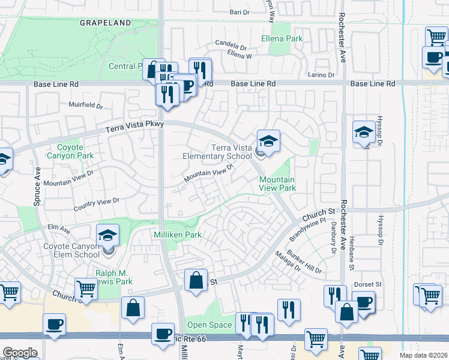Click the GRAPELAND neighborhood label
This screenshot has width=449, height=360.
pyautogui.click(x=105, y=23)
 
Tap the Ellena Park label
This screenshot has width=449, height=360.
pyautogui.click(x=282, y=38)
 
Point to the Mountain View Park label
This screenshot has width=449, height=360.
pyautogui.click(x=277, y=184)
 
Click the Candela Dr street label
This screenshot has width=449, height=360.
pyautogui.click(x=231, y=46)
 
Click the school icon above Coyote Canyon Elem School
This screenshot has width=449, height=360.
pyautogui.click(x=107, y=235)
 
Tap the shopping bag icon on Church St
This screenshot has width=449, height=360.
pyautogui.click(x=196, y=280)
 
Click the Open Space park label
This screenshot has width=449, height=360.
pyautogui.click(x=209, y=325)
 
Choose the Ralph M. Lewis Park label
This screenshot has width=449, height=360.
pyautogui.click(x=113, y=277)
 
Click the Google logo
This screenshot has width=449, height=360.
pyautogui.click(x=20, y=353)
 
